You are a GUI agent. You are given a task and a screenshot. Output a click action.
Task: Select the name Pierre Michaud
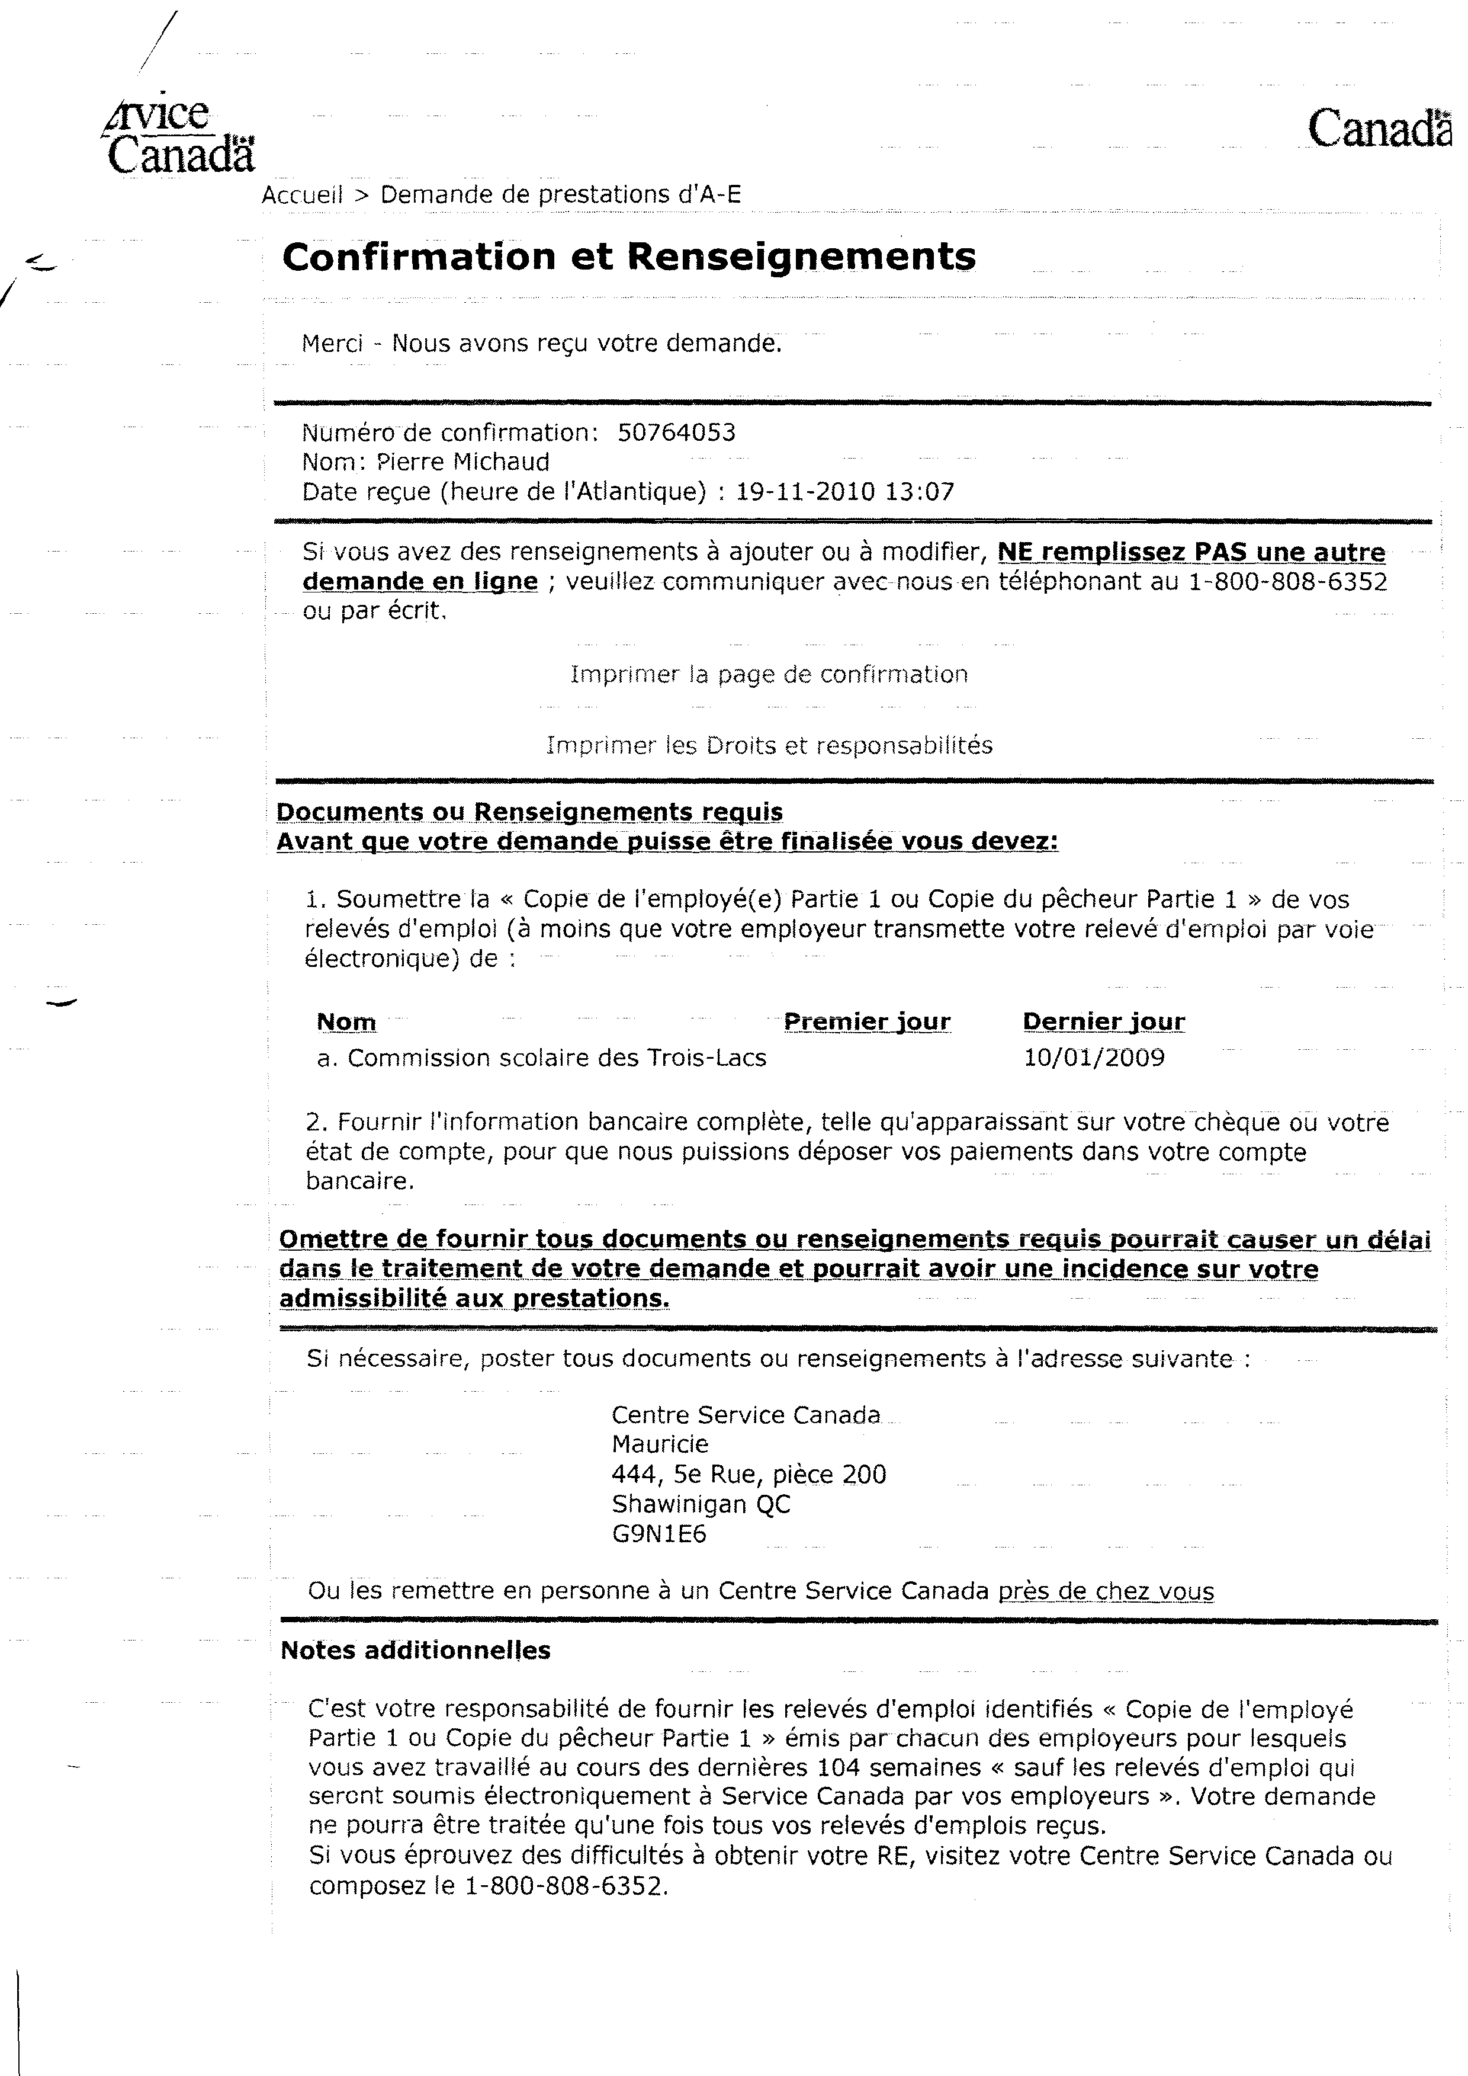(x=463, y=462)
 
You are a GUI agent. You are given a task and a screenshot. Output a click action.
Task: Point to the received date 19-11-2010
(x=805, y=492)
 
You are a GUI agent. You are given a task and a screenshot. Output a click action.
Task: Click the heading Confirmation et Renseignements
(x=629, y=257)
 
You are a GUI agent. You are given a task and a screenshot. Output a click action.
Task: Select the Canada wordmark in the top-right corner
(x=1379, y=129)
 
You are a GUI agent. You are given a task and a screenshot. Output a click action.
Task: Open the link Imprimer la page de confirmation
(x=769, y=674)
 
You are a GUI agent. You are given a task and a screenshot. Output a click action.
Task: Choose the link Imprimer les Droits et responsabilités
(x=769, y=746)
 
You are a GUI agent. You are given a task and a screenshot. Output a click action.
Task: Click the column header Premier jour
(x=867, y=1022)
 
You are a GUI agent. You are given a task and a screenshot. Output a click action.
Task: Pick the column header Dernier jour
(x=1104, y=1022)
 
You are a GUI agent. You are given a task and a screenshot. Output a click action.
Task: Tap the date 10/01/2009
(x=1094, y=1058)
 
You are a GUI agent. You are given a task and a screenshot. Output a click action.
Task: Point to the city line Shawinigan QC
(x=701, y=1504)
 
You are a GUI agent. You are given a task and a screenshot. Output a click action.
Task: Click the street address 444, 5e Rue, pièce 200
(x=749, y=1475)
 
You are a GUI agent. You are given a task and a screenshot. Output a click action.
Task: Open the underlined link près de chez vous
(x=1106, y=1591)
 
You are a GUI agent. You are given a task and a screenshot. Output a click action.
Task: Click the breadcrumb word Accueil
(x=303, y=194)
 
